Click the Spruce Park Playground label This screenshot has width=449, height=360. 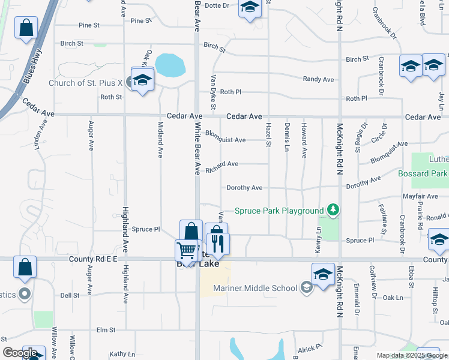click(x=279, y=211)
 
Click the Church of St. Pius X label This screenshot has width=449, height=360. click(x=85, y=83)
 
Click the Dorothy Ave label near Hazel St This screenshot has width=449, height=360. click(x=244, y=188)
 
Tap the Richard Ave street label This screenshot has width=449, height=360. click(x=222, y=164)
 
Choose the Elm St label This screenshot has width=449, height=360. click(x=106, y=330)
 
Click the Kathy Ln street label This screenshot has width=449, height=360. click(x=122, y=354)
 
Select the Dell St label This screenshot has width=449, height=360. click(x=70, y=295)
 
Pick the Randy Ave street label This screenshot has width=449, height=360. click(x=318, y=79)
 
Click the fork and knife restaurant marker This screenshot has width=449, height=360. click(x=218, y=244)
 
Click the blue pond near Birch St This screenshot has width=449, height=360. click(x=169, y=65)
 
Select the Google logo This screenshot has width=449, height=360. click(x=20, y=353)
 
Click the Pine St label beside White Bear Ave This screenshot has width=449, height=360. click(x=141, y=20)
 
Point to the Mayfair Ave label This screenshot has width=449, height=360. click(x=420, y=196)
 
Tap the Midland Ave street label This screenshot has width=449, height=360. click(x=160, y=139)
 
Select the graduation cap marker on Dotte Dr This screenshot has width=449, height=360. click(x=250, y=8)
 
